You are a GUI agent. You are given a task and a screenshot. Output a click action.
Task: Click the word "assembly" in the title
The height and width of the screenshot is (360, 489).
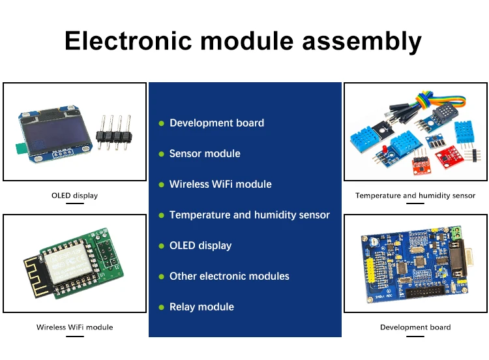click(x=362, y=40)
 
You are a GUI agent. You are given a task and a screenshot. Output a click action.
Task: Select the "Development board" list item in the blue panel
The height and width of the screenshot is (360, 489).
click(x=216, y=123)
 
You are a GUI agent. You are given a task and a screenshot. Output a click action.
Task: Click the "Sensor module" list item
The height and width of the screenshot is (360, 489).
click(x=205, y=154)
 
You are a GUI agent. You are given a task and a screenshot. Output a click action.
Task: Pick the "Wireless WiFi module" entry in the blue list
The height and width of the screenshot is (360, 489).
click(x=220, y=185)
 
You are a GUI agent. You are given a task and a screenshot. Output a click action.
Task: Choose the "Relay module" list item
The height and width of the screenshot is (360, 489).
click(x=201, y=307)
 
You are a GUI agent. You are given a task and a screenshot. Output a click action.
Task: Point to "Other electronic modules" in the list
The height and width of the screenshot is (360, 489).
click(x=229, y=277)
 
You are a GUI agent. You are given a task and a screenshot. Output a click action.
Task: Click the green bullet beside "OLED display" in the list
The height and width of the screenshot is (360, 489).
click(x=162, y=247)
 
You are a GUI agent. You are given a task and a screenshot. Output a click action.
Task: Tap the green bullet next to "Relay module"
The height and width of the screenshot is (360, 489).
click(x=162, y=308)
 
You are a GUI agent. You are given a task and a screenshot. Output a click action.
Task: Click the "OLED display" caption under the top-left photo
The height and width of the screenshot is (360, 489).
click(x=74, y=195)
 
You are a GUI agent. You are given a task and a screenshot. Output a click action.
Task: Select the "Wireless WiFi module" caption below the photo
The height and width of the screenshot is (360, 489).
click(x=74, y=327)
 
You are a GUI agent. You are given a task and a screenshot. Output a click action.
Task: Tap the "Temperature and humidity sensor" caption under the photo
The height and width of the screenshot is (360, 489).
click(x=415, y=195)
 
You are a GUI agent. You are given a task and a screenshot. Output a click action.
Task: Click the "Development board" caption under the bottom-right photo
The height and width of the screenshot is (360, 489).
click(x=415, y=327)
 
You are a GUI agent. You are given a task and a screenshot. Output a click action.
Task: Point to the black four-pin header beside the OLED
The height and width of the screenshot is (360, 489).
click(x=114, y=134)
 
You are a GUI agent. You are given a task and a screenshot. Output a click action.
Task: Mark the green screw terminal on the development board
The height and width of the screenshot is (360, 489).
click(x=456, y=232)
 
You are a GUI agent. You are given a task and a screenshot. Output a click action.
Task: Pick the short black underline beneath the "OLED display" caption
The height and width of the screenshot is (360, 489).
click(x=74, y=203)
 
